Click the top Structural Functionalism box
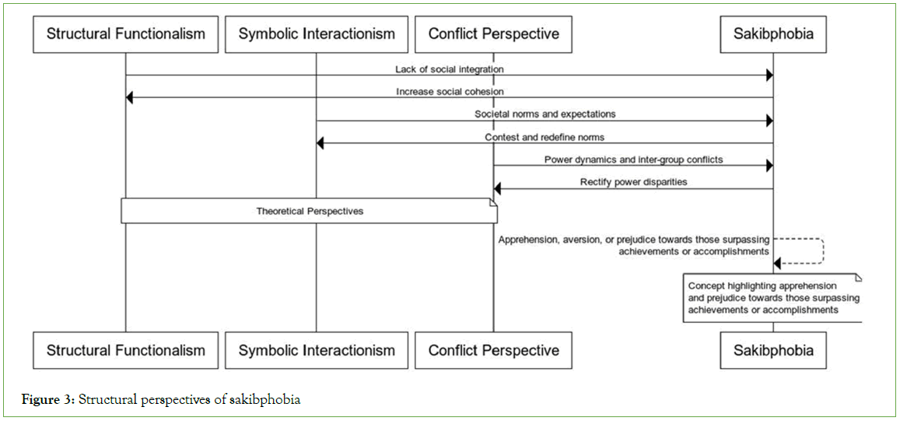point(125,34)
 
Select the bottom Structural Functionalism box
point(125,350)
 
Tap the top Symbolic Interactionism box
point(317,34)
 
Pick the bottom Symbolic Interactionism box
point(317,350)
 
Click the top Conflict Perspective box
point(493,34)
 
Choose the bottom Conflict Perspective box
point(493,350)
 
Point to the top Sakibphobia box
point(773,34)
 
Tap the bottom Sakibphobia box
point(773,350)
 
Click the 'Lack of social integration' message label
point(449,69)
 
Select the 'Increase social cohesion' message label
point(450,92)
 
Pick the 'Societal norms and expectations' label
point(545,114)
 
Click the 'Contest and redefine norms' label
point(545,137)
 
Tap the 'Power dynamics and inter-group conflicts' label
point(633,160)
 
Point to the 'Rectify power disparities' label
point(633,182)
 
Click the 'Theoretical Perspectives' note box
point(309,211)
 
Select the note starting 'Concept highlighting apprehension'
point(772,297)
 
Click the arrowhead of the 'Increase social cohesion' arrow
point(131,98)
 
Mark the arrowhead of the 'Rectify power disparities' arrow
point(499,188)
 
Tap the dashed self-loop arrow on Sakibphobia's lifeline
point(822,251)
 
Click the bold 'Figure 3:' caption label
point(47,400)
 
